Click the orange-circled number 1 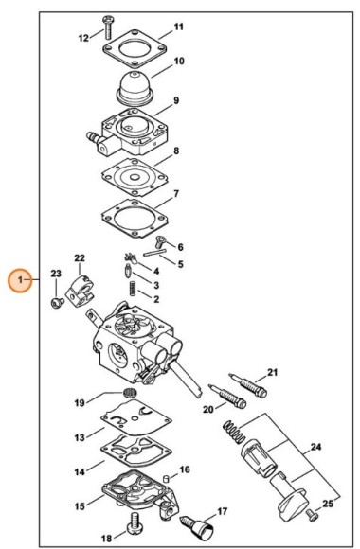point(20,280)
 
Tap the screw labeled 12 point(107,27)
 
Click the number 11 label point(179,27)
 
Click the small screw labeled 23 point(57,302)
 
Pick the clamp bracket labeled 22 point(81,292)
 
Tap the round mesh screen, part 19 point(130,393)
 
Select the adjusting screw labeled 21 point(248,385)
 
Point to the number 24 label point(315,447)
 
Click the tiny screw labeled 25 point(312,515)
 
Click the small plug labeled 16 point(167,478)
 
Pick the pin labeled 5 point(154,253)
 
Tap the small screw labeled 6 point(159,241)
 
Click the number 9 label point(176,100)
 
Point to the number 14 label point(80,471)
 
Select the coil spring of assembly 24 point(233,432)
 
